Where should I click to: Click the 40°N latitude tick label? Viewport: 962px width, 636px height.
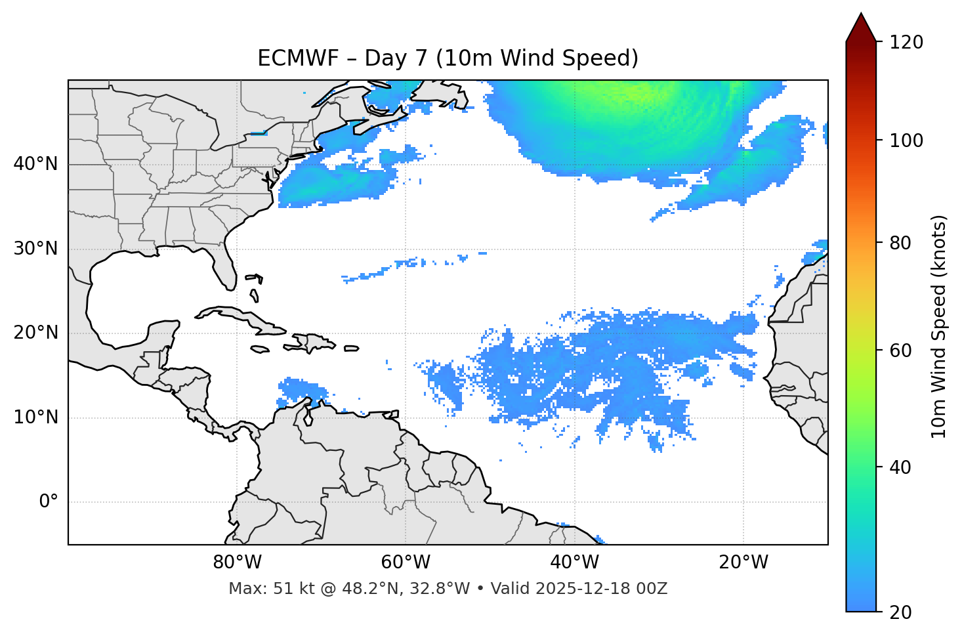pyautogui.click(x=35, y=164)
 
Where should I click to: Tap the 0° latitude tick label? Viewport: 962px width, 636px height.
pyautogui.click(x=49, y=502)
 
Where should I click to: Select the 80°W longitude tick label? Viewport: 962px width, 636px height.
pyautogui.click(x=237, y=562)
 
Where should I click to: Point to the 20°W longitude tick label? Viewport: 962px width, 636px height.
pyautogui.click(x=743, y=562)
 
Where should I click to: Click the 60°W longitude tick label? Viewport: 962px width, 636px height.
pyautogui.click(x=406, y=562)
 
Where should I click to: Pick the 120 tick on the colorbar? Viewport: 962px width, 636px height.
pyautogui.click(x=906, y=42)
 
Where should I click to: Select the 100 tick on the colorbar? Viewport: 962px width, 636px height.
pyautogui.click(x=906, y=140)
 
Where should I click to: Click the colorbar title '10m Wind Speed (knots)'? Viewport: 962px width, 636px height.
pyautogui.click(x=939, y=327)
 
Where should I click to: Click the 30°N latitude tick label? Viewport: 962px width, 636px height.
pyautogui.click(x=35, y=249)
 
